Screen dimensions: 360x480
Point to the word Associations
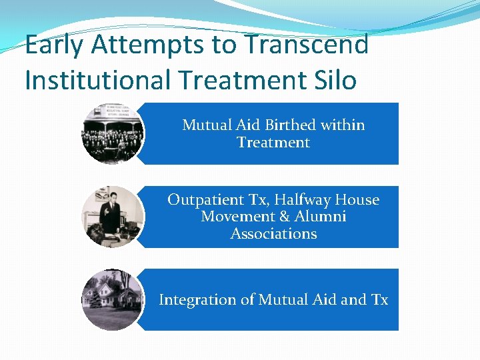pos(273,234)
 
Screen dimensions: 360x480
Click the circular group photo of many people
pos(111,133)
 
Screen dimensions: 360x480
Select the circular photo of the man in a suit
pos(111,217)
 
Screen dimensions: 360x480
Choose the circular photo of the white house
pos(111,300)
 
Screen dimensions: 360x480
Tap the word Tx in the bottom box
pos(379,300)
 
